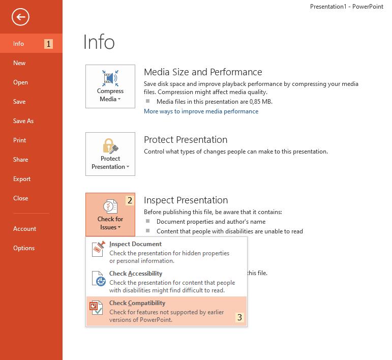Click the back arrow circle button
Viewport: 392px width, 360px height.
pyautogui.click(x=21, y=17)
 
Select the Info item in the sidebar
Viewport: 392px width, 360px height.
pyautogui.click(x=19, y=44)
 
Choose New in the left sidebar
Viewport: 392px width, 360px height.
pyautogui.click(x=19, y=63)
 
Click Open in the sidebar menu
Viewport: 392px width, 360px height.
pyautogui.click(x=20, y=82)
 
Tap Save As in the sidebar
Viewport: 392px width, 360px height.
pyautogui.click(x=23, y=121)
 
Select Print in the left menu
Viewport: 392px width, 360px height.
pyautogui.click(x=20, y=140)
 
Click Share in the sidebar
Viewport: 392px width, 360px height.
pyautogui.click(x=21, y=160)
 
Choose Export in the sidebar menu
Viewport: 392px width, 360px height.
pyautogui.click(x=22, y=179)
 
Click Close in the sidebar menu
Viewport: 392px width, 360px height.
pyautogui.click(x=21, y=198)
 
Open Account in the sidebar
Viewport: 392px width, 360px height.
pyautogui.click(x=24, y=229)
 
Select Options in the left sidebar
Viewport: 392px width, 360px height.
pyautogui.click(x=24, y=248)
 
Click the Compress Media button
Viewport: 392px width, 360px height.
pyautogui.click(x=110, y=86)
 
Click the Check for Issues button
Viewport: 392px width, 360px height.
pyautogui.click(x=110, y=215)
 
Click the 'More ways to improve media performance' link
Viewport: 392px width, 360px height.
pyautogui.click(x=201, y=111)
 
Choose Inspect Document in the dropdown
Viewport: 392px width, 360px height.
pyautogui.click(x=135, y=244)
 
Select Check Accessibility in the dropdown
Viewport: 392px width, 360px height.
pyautogui.click(x=136, y=274)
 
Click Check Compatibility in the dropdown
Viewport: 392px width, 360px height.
pyautogui.click(x=137, y=303)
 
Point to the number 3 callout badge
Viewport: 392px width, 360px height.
pyautogui.click(x=239, y=318)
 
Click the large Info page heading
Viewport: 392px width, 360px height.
pyautogui.click(x=99, y=42)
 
